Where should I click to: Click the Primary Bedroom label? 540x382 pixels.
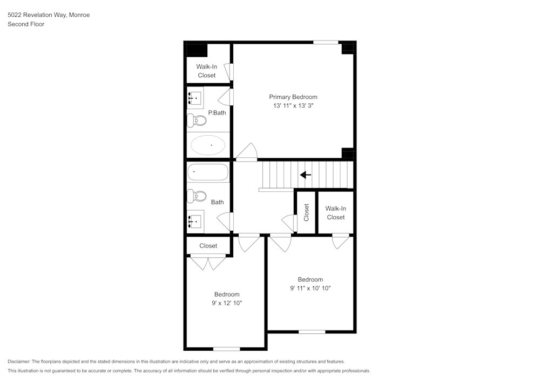pos(293,97)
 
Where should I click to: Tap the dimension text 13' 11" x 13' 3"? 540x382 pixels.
pos(293,106)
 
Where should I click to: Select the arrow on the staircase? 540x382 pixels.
pos(306,175)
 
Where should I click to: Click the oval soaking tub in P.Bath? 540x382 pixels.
pos(208,145)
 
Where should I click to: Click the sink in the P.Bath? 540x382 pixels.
pos(195,98)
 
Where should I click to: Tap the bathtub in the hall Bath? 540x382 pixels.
pos(208,172)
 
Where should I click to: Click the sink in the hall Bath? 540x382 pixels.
pos(195,220)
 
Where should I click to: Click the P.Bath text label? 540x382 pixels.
pos(217,113)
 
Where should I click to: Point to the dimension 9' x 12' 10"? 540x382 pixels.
pos(227,304)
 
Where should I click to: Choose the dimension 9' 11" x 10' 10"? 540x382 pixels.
pos(310,289)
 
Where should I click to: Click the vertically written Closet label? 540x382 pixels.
pos(307,212)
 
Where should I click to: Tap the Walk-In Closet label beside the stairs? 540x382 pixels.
pos(335,213)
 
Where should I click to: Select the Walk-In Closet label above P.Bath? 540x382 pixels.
pos(206,71)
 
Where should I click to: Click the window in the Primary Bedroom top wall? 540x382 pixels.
pos(326,42)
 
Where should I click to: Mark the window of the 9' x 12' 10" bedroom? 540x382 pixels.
pos(226,349)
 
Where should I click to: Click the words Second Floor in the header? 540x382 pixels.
pos(26,24)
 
